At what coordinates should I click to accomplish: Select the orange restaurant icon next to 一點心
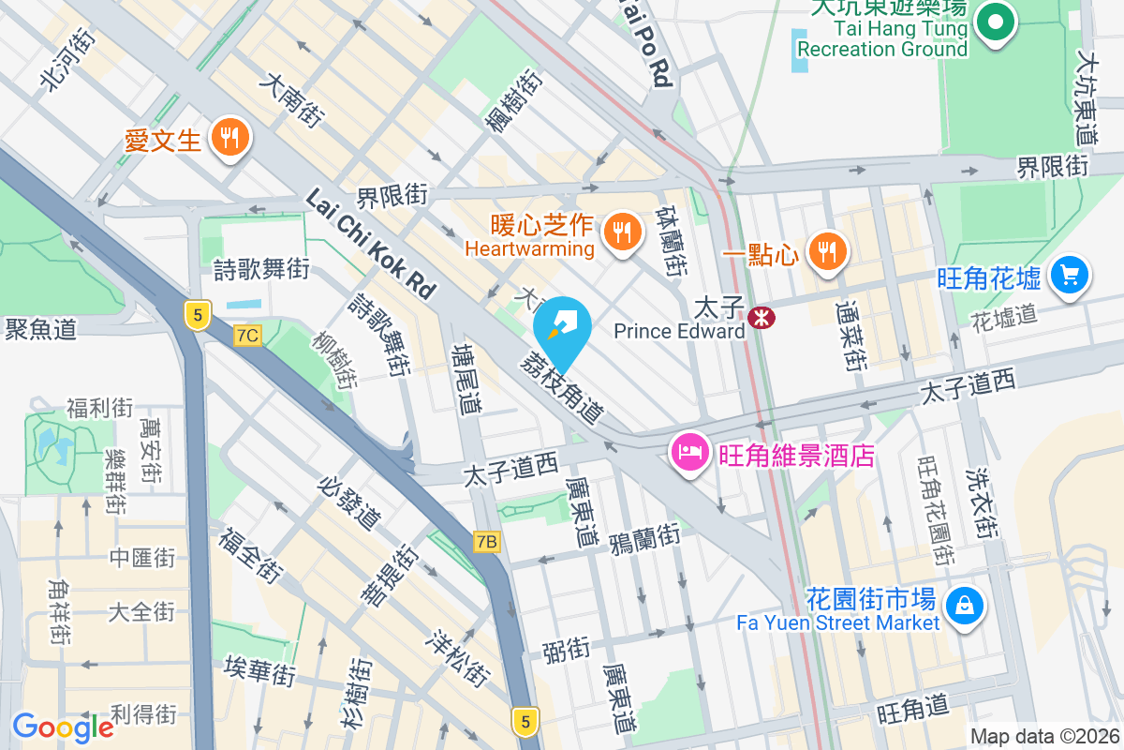tap(826, 251)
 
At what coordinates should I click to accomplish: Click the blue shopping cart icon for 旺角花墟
tap(1070, 275)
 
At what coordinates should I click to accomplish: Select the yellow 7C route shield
tap(247, 335)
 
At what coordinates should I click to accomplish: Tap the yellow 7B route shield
tap(486, 541)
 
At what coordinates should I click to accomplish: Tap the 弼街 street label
tap(566, 649)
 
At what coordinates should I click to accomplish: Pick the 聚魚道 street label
tap(40, 328)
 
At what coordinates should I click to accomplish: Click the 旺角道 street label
tap(913, 709)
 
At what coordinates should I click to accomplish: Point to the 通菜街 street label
tap(850, 335)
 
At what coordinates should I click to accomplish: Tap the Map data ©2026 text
tap(1043, 737)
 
